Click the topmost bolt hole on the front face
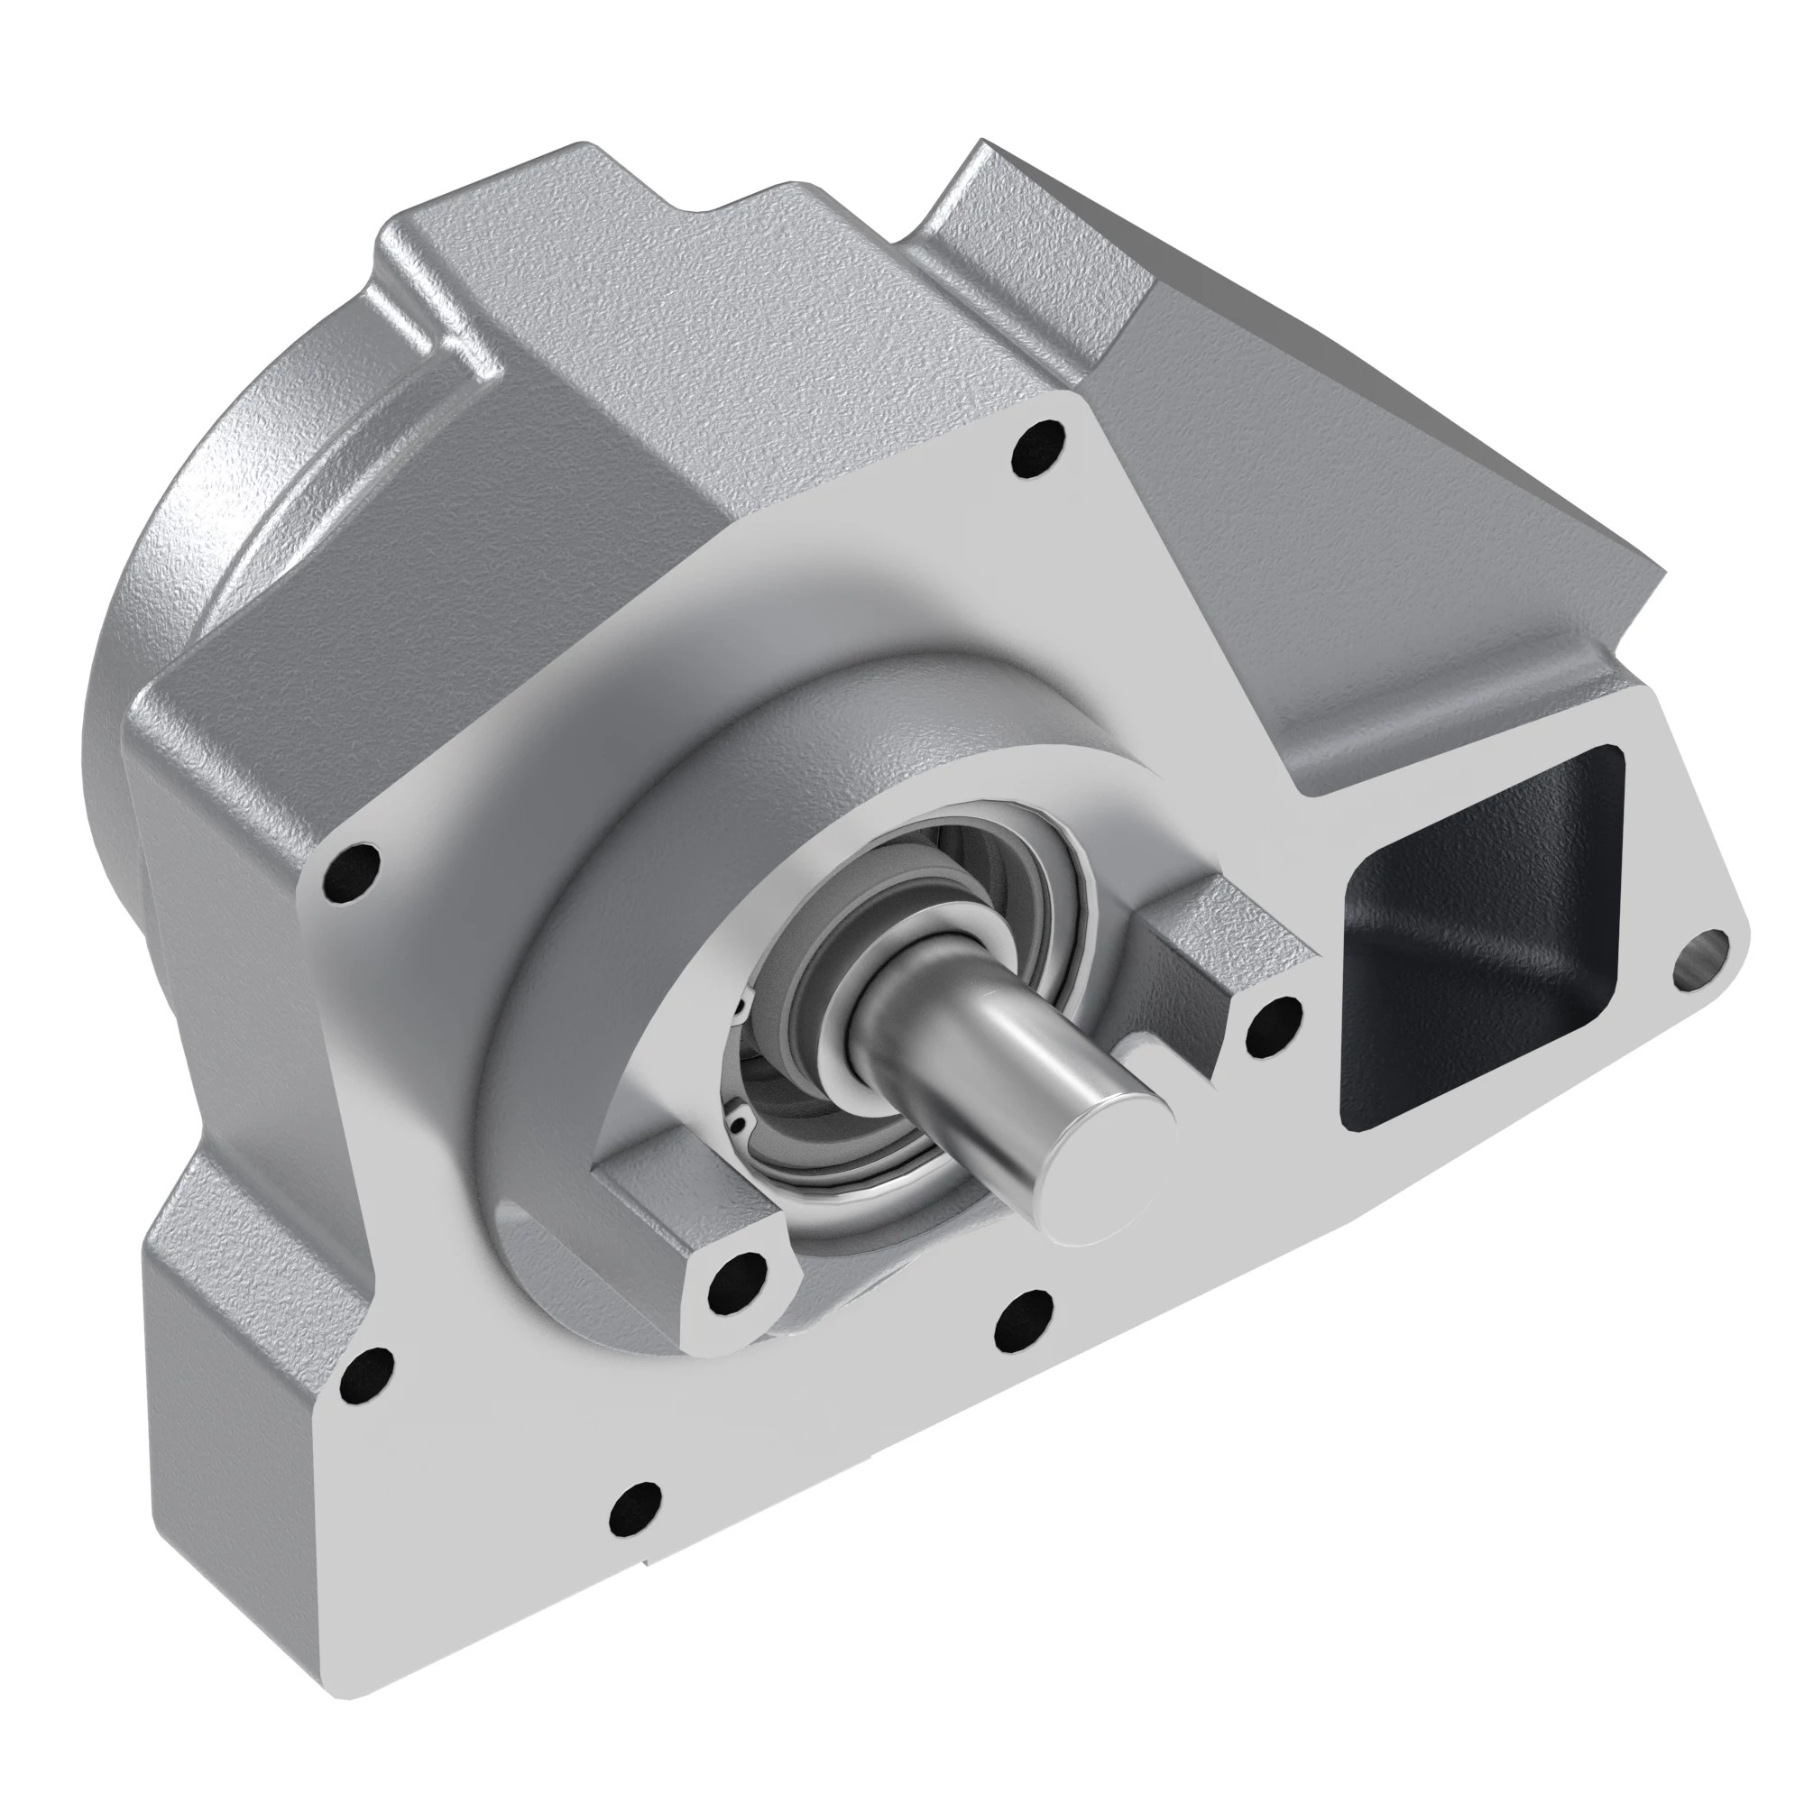pos(1038,447)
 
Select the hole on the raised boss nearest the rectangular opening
pos(1274,1019)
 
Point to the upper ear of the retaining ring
pos(741,1007)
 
